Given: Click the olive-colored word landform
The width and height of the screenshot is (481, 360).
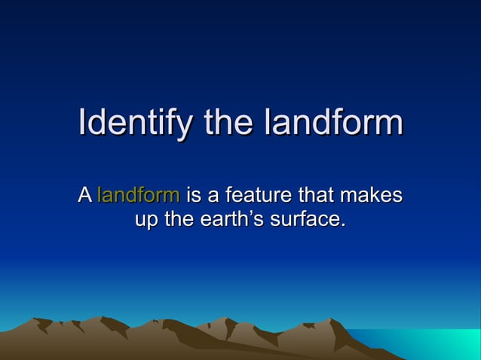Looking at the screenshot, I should [x=139, y=197].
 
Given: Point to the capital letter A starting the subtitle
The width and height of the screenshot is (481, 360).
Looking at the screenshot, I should [x=84, y=197].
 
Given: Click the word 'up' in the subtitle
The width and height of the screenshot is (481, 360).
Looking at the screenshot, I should [x=145, y=221].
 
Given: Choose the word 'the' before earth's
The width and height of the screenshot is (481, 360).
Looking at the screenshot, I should [x=180, y=221].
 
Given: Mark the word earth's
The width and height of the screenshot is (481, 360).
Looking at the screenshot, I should [x=237, y=221].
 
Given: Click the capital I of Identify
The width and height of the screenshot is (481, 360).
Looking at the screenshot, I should [x=82, y=123].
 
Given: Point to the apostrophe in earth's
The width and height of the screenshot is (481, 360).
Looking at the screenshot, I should [x=261, y=215].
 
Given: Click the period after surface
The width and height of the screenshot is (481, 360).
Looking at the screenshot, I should [x=343, y=226].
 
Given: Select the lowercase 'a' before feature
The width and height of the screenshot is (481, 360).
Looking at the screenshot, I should [x=213, y=198].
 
